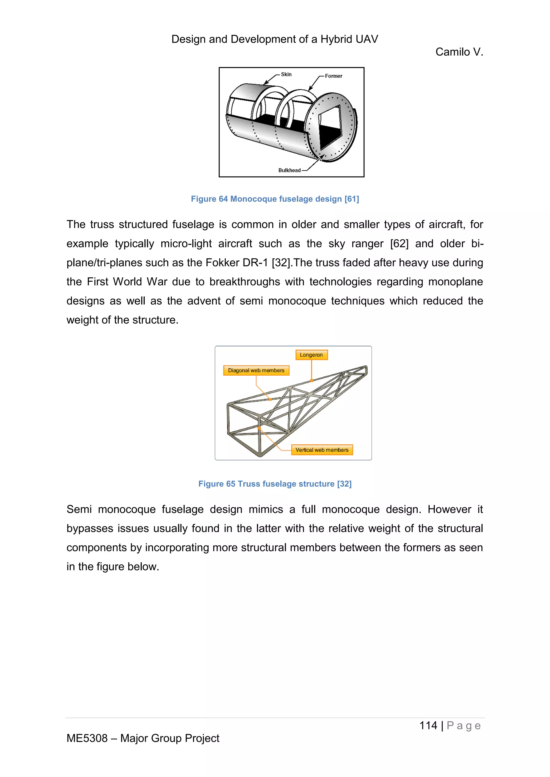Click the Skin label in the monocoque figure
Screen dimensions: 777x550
286,74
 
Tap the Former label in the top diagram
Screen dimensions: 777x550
333,76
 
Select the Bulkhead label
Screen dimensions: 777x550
289,170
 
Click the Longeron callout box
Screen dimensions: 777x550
311,355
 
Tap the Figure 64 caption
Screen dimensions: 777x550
275,199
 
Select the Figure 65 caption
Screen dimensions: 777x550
275,484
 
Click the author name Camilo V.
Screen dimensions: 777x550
459,52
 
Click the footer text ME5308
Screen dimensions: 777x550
87,738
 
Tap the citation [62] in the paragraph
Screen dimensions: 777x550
399,244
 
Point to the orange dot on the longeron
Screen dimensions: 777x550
312,381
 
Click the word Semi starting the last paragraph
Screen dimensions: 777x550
79,509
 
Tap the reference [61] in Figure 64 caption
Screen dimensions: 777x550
352,199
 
